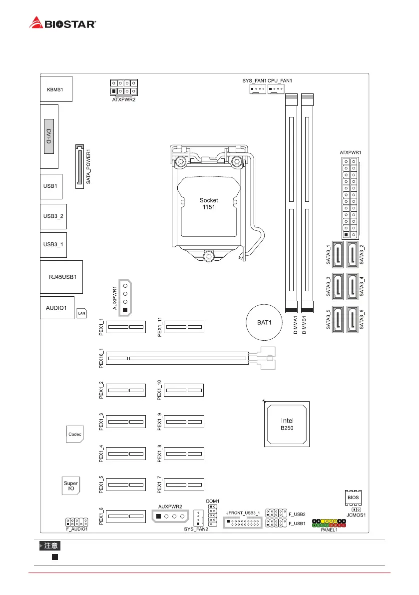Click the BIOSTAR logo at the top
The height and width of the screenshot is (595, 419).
(x=63, y=23)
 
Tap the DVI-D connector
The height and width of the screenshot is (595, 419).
(x=49, y=136)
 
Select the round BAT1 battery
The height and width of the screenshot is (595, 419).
(x=264, y=322)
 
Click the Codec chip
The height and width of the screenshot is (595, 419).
(x=75, y=434)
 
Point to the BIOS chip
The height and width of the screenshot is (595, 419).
(x=353, y=498)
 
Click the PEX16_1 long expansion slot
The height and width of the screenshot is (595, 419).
(x=177, y=358)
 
